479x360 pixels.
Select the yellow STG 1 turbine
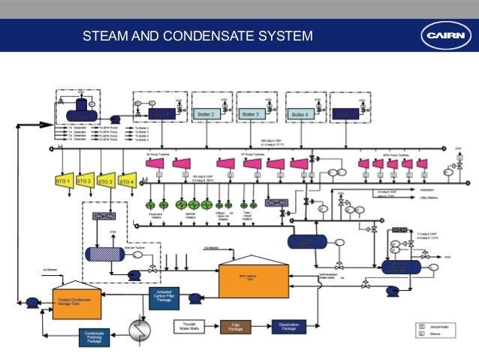pyautogui.click(x=63, y=182)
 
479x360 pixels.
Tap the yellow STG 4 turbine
pyautogui.click(x=127, y=182)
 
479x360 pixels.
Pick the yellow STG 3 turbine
pyautogui.click(x=106, y=182)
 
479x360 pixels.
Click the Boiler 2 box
pyautogui.click(x=206, y=113)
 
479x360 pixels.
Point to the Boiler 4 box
pyautogui.click(x=300, y=113)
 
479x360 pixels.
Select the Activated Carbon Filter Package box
pyautogui.click(x=164, y=297)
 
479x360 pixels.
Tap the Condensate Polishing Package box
pyautogui.click(x=95, y=340)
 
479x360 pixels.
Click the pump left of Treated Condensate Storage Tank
pyautogui.click(x=32, y=301)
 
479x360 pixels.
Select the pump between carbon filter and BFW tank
pyautogui.click(x=194, y=298)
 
